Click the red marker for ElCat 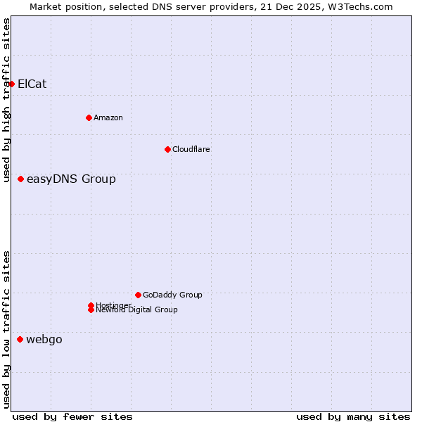click(x=11, y=84)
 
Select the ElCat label click(x=32, y=84)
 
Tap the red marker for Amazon click(x=89, y=117)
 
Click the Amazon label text click(x=108, y=117)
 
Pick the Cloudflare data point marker click(x=167, y=149)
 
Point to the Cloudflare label click(x=191, y=149)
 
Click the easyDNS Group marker click(x=21, y=179)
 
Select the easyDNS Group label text click(x=71, y=179)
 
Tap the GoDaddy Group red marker click(x=138, y=295)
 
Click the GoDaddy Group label click(x=172, y=295)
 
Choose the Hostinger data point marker click(x=91, y=305)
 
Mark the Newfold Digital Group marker click(x=91, y=310)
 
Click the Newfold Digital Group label click(x=137, y=310)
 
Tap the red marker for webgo click(x=20, y=340)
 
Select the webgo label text click(x=44, y=340)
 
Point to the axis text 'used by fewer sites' click(x=72, y=417)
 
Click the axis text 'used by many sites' click(x=353, y=417)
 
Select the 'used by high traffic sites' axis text click(x=7, y=100)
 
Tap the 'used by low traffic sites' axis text click(x=7, y=329)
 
